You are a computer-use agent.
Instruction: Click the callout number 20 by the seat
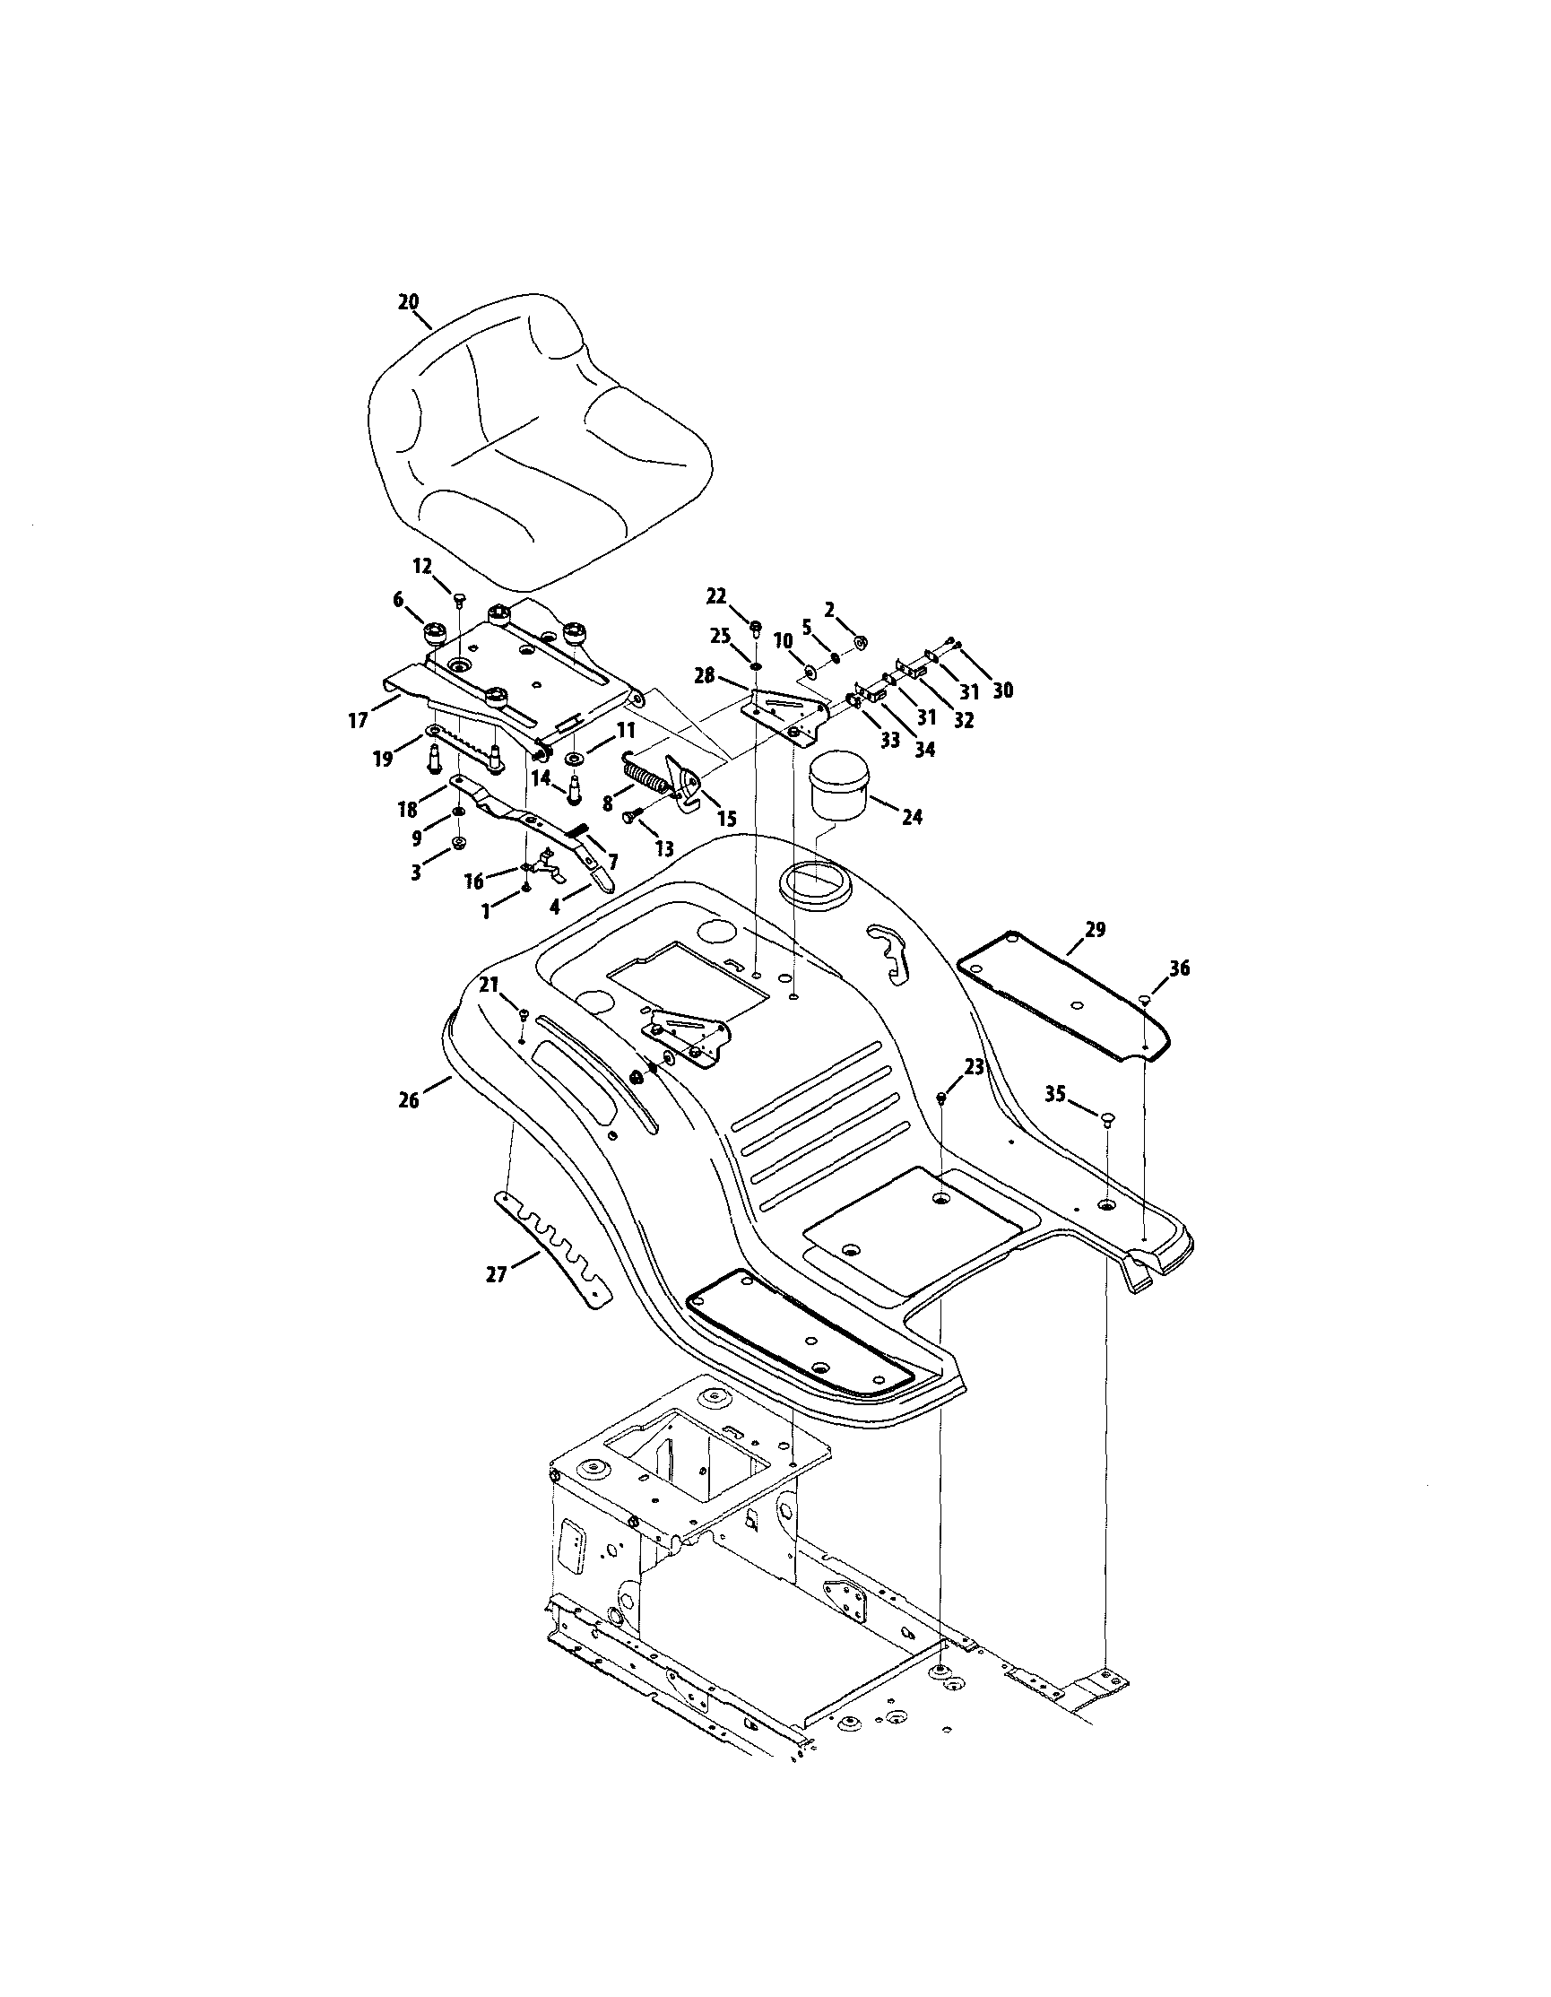click(x=408, y=301)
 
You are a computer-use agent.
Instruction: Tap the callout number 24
click(x=912, y=817)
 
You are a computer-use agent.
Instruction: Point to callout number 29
click(x=1095, y=930)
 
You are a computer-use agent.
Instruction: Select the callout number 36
click(x=1179, y=968)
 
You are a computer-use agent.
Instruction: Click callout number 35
click(x=1055, y=1093)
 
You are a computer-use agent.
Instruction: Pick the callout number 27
click(x=497, y=1273)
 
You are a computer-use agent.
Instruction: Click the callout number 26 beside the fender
click(x=409, y=1100)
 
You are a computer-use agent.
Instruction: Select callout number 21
click(x=490, y=983)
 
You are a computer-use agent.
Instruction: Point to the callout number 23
click(x=975, y=1066)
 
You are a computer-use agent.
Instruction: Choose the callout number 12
click(x=422, y=566)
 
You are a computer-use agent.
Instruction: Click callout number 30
click(x=1002, y=690)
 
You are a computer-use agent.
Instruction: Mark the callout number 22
click(x=716, y=596)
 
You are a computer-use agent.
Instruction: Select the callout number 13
click(x=663, y=848)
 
